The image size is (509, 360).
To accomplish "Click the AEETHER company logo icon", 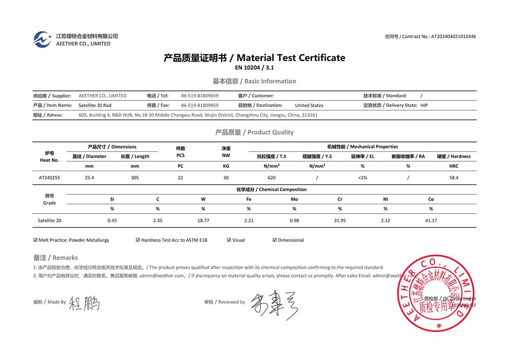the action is point(42,39).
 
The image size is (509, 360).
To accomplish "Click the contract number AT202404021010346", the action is point(454,37).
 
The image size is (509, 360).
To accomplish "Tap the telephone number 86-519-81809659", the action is point(200,96).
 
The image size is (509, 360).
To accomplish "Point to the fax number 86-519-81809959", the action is point(200,105).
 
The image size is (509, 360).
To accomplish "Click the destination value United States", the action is point(309,105).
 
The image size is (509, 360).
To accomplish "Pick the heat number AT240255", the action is point(49,178).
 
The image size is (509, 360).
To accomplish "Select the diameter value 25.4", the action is point(89,178).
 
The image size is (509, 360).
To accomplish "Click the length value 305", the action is point(135,178).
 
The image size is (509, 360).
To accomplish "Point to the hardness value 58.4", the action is point(454,178).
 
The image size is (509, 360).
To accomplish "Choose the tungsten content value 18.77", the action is point(203,220).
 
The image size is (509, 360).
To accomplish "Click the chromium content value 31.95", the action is point(340,220).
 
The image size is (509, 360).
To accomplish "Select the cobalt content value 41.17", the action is point(431,220).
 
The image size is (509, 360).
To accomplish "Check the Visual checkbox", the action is point(229,240).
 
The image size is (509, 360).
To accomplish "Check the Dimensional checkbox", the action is point(275,240).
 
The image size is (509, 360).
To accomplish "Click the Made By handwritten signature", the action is point(84,303).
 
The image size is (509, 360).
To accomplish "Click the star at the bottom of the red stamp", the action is point(439,325).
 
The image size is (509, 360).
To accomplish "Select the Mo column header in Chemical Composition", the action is point(294,199).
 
